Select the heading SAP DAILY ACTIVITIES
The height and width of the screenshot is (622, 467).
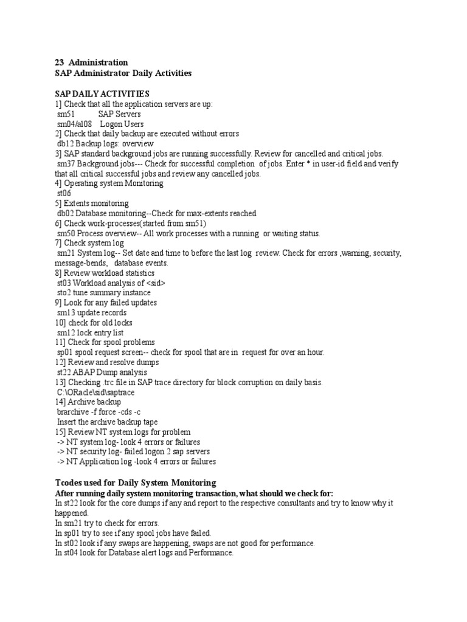coord(102,94)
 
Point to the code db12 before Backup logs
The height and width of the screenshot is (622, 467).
coord(65,143)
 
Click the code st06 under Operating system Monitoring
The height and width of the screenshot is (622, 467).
coord(63,193)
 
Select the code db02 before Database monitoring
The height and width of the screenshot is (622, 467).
coord(65,213)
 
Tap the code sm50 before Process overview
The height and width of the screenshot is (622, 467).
coord(66,233)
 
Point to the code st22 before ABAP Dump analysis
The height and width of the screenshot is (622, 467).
coord(64,372)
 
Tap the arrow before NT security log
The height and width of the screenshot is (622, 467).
coord(61,452)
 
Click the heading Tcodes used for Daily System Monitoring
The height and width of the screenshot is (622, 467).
coord(135,482)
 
